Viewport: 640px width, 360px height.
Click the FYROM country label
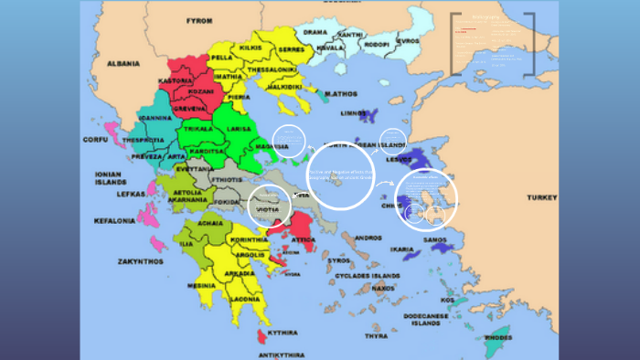tap(199, 20)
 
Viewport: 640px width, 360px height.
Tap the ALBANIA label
tap(123, 64)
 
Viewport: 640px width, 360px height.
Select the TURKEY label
tap(541, 198)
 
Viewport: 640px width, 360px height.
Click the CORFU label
tap(95, 140)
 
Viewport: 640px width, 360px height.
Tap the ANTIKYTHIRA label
tap(280, 354)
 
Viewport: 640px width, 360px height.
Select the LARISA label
tap(240, 130)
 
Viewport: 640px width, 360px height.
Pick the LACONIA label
tap(245, 299)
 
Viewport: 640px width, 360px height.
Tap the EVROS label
tap(408, 41)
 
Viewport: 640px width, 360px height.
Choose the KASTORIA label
tap(176, 81)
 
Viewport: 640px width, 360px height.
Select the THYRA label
tap(377, 335)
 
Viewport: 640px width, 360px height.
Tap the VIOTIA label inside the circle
tap(269, 208)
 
